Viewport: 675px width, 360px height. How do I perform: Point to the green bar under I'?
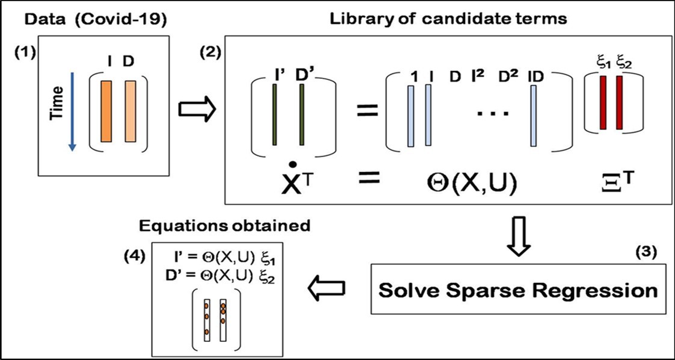[x=274, y=114]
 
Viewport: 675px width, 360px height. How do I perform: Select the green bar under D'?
[x=301, y=114]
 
